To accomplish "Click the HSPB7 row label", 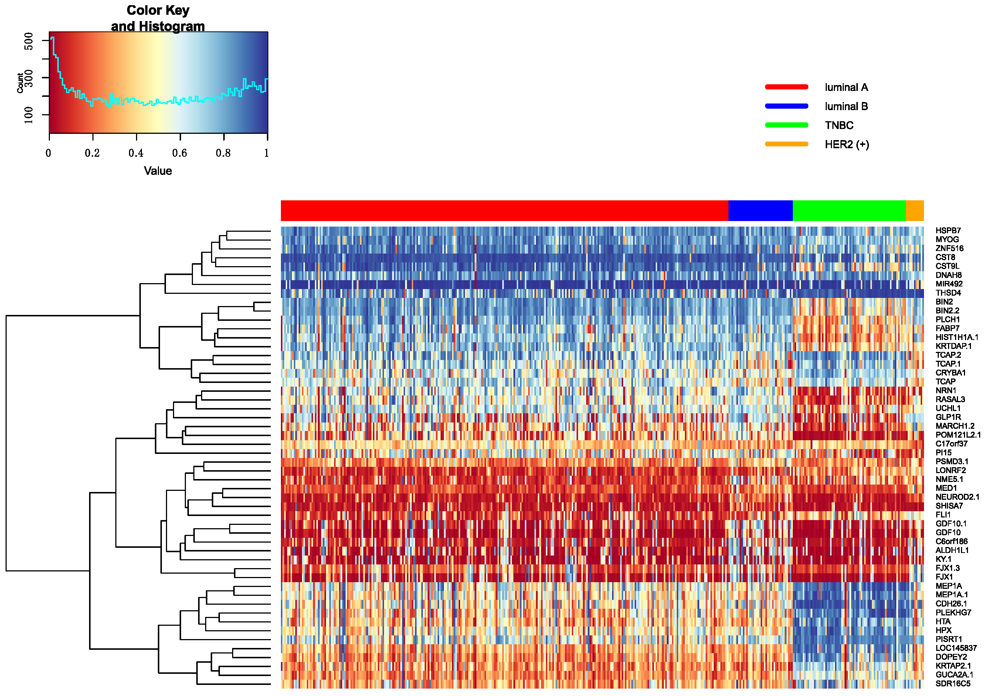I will (x=948, y=230).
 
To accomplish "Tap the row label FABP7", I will (x=947, y=328).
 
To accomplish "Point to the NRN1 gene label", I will (x=945, y=390).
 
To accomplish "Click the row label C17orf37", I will (x=951, y=444).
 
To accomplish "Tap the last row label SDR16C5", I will (x=952, y=683).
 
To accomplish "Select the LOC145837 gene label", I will (x=955, y=648).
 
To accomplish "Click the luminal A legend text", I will (x=846, y=88).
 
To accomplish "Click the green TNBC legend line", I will (x=787, y=125).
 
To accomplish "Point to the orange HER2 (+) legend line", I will (x=787, y=144).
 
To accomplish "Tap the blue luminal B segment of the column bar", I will (x=760, y=211).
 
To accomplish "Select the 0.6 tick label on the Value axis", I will (x=179, y=153).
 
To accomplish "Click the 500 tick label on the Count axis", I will (x=29, y=41).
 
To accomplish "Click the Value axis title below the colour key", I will (x=158, y=171).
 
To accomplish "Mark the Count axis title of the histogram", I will (x=20, y=83).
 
